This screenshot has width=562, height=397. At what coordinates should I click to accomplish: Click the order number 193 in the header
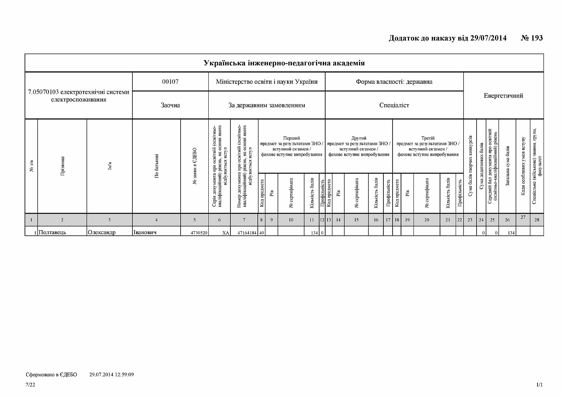click(x=537, y=38)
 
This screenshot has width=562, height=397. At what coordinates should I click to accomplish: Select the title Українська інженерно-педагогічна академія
click(x=284, y=63)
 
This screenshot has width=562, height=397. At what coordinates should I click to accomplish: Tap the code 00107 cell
click(x=170, y=82)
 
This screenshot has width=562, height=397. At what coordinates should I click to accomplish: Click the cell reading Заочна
click(x=170, y=105)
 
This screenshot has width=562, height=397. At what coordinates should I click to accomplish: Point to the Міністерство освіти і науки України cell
click(x=267, y=82)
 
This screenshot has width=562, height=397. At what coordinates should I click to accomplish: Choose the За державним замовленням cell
click(x=267, y=105)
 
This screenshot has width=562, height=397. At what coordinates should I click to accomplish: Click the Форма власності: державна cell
click(x=394, y=82)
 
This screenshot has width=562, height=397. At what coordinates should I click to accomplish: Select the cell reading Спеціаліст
click(x=394, y=105)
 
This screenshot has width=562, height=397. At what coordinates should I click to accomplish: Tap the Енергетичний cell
click(x=503, y=96)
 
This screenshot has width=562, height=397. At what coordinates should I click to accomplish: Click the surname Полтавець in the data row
click(x=52, y=233)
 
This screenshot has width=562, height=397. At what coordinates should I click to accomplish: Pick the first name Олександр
click(x=102, y=233)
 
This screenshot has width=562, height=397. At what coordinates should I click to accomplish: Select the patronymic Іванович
click(x=145, y=233)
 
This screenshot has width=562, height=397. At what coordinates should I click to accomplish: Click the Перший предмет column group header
click(x=291, y=146)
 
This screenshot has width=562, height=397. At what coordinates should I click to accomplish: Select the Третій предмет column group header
click(x=428, y=146)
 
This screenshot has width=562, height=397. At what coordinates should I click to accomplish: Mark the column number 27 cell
click(x=523, y=217)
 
